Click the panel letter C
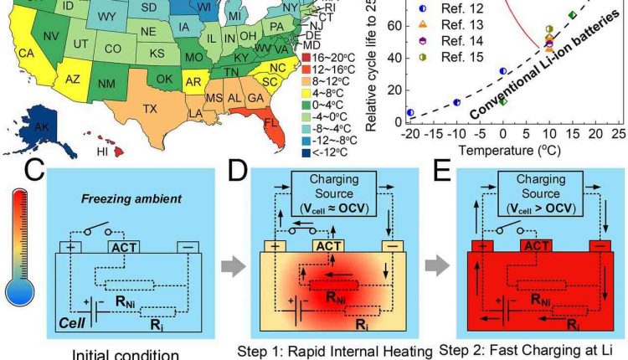[x=33, y=173]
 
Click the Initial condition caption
[x=112, y=353]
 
